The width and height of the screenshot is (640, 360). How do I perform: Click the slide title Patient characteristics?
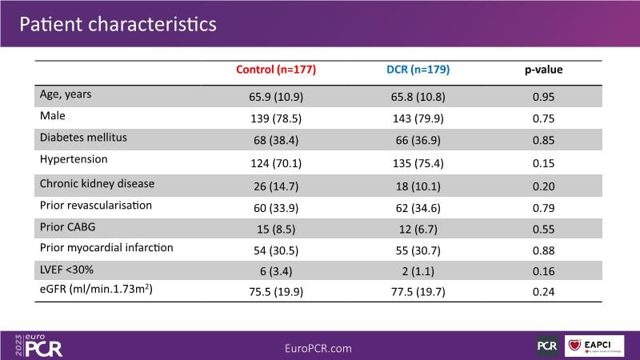tap(118, 24)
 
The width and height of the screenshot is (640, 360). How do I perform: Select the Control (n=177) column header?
tap(276, 70)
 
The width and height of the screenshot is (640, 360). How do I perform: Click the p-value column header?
tap(544, 70)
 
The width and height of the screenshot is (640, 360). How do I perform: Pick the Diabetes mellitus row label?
tap(83, 138)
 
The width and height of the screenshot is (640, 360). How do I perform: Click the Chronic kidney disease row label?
tap(97, 183)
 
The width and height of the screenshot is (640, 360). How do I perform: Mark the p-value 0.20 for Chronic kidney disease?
tap(544, 183)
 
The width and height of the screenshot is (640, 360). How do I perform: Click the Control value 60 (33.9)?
tap(276, 206)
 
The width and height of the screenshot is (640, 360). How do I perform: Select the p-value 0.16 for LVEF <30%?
tap(544, 270)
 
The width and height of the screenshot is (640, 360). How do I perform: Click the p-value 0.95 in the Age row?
tap(544, 97)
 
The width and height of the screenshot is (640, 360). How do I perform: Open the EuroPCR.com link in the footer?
tap(318, 348)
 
